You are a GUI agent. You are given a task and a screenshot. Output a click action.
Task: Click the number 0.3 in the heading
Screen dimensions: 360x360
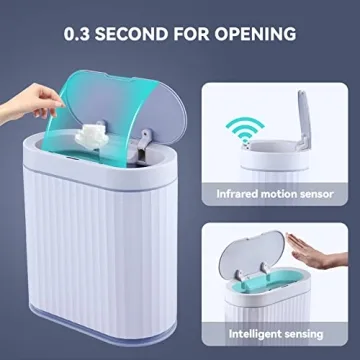tap(81, 34)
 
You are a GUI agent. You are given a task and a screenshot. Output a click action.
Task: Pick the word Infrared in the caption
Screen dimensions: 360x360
tap(242, 193)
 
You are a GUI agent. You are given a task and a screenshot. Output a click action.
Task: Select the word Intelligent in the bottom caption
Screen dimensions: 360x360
tap(253, 331)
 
